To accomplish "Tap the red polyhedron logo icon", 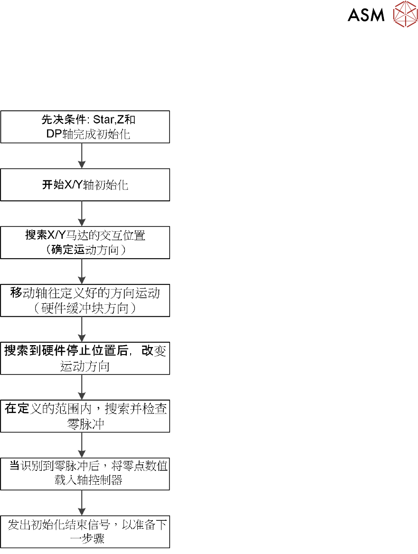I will tap(405, 14).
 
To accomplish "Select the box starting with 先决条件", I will tap(85, 127).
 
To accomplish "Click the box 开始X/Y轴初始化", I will tap(85, 185).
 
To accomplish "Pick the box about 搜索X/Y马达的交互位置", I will tap(85, 243).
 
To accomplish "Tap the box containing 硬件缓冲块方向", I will tap(85, 300).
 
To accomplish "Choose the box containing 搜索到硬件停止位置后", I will tap(85, 358).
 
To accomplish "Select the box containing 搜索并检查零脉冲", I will tap(85, 416).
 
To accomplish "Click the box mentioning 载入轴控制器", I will tap(85, 474).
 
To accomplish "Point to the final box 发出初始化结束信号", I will tap(85, 532).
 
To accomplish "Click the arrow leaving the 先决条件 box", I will tap(82, 156).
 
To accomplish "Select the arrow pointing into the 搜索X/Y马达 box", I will tap(82, 214).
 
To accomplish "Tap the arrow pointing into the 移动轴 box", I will tap(82, 272).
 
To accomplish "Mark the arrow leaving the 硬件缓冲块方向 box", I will tap(82, 329).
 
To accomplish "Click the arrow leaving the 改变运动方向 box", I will tap(82, 387).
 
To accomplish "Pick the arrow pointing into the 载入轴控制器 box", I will tap(82, 445).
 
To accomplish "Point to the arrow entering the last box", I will tap(82, 503).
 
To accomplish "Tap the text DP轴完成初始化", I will tap(85, 134).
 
